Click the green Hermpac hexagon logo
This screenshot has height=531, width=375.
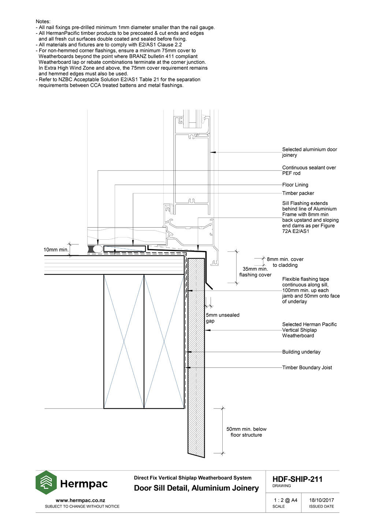(x=46, y=483)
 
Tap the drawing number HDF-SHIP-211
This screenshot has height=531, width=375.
(x=297, y=479)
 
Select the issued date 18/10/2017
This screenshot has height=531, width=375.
(x=322, y=500)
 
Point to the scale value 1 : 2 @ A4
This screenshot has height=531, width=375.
(x=285, y=500)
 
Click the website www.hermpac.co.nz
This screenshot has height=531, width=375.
(x=80, y=501)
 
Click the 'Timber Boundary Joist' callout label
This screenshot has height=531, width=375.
(x=307, y=368)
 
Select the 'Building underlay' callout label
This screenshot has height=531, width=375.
(x=301, y=352)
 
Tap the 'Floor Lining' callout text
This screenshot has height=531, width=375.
(x=295, y=185)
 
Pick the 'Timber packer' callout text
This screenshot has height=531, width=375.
(x=298, y=193)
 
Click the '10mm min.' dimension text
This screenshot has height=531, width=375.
(x=56, y=250)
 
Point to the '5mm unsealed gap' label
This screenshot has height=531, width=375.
(x=222, y=318)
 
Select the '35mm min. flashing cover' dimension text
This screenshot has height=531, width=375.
(x=255, y=272)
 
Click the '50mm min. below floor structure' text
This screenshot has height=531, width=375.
(x=246, y=432)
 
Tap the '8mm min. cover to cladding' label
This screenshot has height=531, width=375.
(x=285, y=262)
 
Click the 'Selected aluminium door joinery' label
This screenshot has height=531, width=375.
(x=309, y=152)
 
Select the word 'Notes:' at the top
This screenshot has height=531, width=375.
(x=43, y=22)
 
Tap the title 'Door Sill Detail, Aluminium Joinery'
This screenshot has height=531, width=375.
(x=196, y=488)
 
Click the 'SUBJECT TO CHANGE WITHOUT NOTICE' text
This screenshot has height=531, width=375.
(x=82, y=506)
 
